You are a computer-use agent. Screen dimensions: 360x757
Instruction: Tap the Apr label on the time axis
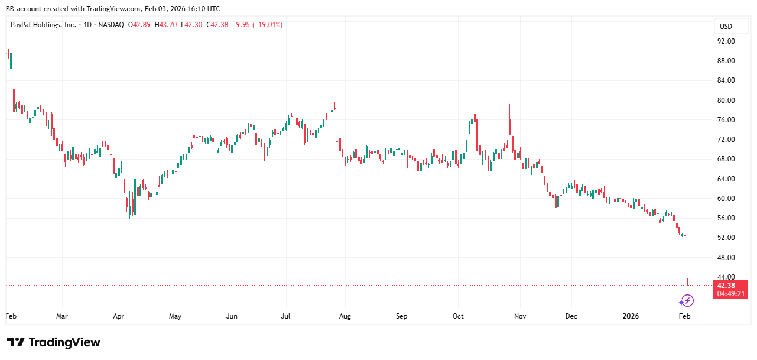pos(119,316)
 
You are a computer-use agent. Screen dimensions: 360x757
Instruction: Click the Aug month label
pos(345,316)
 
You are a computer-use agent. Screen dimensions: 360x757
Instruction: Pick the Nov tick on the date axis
pos(520,316)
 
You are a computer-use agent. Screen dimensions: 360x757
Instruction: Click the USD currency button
pos(725,26)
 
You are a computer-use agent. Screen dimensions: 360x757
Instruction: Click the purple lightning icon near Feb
pos(685,301)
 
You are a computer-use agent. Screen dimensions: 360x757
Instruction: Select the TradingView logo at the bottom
pos(54,342)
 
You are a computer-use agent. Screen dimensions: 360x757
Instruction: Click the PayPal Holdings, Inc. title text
pos(43,25)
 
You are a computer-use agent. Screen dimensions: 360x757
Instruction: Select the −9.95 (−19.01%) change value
pos(257,25)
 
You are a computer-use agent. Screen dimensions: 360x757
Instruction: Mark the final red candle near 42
pos(688,283)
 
